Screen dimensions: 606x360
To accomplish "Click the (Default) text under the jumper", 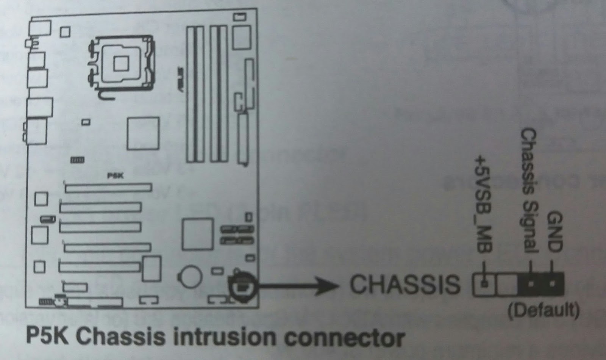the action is [544, 310].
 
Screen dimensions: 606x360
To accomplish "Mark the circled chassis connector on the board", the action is [243, 288].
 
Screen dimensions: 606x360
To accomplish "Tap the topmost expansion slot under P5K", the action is [108, 187].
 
